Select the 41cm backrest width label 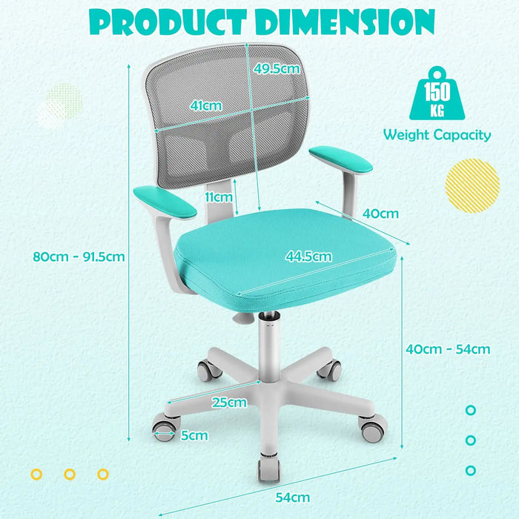[205, 106]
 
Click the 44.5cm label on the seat [308, 257]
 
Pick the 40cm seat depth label [380, 214]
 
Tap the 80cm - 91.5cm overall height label [78, 257]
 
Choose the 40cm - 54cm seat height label [449, 348]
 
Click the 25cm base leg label [228, 403]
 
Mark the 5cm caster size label [194, 435]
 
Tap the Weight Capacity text [437, 135]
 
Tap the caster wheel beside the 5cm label [165, 429]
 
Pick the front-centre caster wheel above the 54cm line [268, 468]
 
